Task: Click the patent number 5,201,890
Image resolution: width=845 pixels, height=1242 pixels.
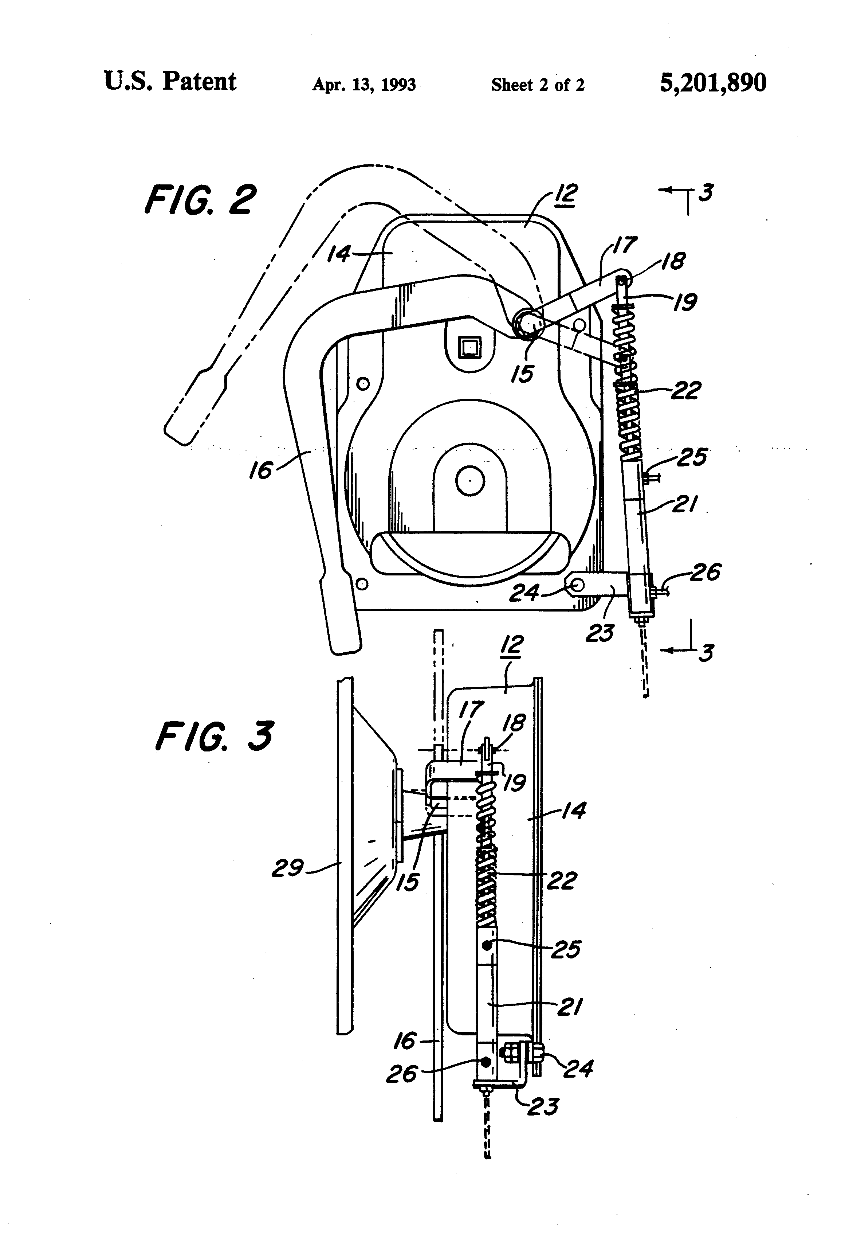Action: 713,83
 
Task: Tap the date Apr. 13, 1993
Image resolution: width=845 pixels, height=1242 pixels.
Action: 364,85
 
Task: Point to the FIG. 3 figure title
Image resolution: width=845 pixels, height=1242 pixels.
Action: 214,737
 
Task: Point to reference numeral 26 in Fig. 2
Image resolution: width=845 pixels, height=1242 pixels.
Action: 705,573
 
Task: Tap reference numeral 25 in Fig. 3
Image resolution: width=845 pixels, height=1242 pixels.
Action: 565,950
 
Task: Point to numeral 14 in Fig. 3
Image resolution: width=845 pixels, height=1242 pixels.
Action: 574,811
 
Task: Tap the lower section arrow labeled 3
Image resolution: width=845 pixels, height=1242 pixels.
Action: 689,651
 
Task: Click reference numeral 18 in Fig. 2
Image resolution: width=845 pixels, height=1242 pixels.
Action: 672,261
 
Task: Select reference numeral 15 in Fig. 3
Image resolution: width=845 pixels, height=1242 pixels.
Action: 408,882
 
